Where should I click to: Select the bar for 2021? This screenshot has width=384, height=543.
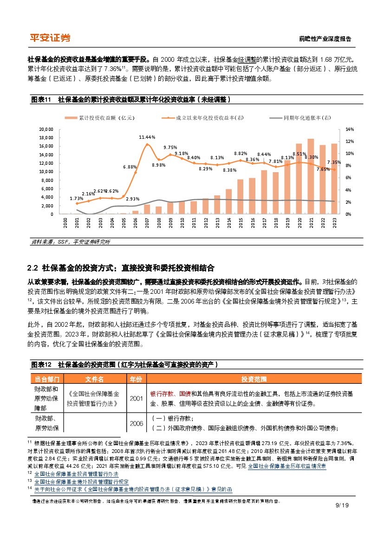(x=311, y=176)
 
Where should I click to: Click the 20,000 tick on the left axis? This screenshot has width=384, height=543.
(x=47, y=129)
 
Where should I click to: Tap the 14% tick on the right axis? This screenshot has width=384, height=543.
(x=350, y=129)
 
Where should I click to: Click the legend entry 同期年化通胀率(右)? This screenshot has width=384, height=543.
(x=302, y=118)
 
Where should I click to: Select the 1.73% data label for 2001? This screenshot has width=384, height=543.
(x=77, y=198)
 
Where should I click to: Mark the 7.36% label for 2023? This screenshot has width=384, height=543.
(x=334, y=162)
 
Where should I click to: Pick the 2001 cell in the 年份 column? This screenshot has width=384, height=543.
(x=137, y=398)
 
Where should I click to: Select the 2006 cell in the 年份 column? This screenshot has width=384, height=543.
(x=137, y=423)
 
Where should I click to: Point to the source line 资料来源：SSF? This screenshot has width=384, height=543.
(x=51, y=242)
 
